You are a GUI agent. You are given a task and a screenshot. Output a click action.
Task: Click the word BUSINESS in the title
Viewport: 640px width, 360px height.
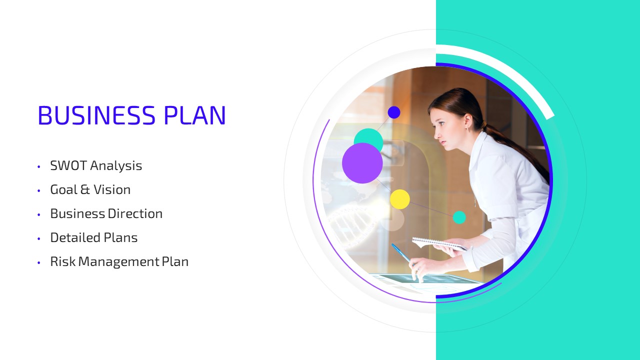[x=96, y=115]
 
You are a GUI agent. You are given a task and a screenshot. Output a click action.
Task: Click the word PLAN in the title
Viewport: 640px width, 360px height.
[x=194, y=115]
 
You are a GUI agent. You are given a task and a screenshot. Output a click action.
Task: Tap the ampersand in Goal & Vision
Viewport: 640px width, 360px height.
[x=85, y=189]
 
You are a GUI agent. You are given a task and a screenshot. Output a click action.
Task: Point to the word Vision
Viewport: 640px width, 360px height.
[x=112, y=189]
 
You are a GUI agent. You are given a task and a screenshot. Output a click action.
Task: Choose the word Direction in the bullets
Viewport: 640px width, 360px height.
[x=135, y=213]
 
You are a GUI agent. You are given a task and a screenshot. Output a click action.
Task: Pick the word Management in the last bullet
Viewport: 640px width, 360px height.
[x=118, y=262]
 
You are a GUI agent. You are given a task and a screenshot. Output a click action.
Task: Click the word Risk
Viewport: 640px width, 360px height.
[x=63, y=261]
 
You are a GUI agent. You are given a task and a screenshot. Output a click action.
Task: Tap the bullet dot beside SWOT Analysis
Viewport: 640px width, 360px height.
[x=39, y=166]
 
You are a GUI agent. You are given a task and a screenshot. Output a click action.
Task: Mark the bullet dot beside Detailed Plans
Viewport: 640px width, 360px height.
[x=39, y=238]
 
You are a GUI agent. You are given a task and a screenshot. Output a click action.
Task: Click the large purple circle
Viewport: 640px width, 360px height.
[x=362, y=163]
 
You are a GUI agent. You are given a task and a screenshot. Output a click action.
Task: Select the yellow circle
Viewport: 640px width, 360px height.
[x=400, y=199]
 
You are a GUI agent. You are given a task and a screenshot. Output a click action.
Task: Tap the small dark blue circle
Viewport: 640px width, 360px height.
[x=394, y=112]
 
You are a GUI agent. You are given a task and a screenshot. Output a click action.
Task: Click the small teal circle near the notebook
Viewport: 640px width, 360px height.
[x=459, y=217]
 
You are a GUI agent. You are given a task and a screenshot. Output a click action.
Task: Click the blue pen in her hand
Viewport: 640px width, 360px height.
[x=401, y=253]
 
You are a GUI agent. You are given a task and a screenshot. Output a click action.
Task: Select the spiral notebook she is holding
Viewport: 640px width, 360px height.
[x=440, y=243]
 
